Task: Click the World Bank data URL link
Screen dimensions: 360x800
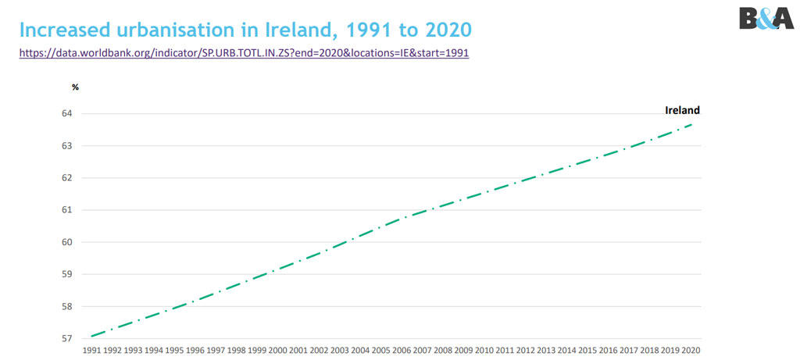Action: pyautogui.click(x=244, y=53)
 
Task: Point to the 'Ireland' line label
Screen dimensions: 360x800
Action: pyautogui.click(x=682, y=110)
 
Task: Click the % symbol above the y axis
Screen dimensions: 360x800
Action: pyautogui.click(x=75, y=87)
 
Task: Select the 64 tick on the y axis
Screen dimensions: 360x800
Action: pyautogui.click(x=66, y=114)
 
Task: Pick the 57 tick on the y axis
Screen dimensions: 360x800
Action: pyautogui.click(x=66, y=339)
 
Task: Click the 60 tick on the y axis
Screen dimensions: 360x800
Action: pyautogui.click(x=66, y=242)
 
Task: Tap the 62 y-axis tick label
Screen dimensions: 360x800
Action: pyautogui.click(x=66, y=178)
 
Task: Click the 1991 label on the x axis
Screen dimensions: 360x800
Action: pyautogui.click(x=93, y=351)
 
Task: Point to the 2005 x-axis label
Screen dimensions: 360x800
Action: pyautogui.click(x=382, y=351)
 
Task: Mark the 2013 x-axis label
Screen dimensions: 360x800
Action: pyautogui.click(x=547, y=351)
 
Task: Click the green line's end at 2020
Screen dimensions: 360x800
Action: pyautogui.click(x=691, y=123)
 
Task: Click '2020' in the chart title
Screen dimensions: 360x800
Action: pyautogui.click(x=441, y=30)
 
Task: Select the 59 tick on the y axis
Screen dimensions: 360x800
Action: pyautogui.click(x=66, y=274)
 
